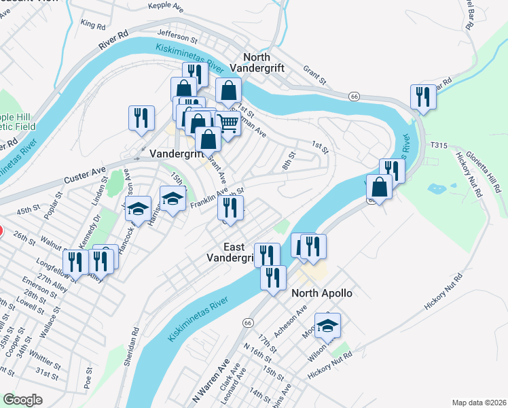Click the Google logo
pyautogui.click(x=22, y=399)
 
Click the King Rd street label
pyautogui.click(x=93, y=24)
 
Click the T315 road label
pyautogui.click(x=439, y=145)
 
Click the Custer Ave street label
pyautogui.click(x=86, y=174)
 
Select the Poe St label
pyautogui.click(x=88, y=377)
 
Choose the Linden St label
pyautogui.click(x=103, y=189)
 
